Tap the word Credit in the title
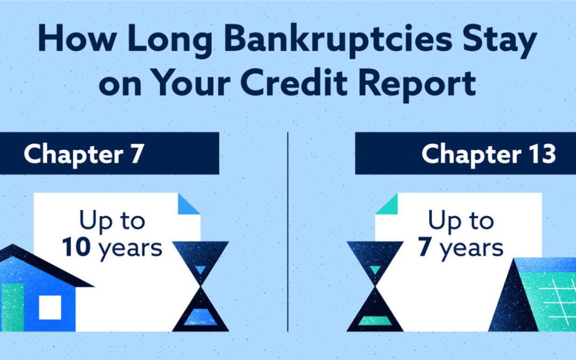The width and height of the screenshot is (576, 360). coord(294,83)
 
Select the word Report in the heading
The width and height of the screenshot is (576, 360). coord(417,85)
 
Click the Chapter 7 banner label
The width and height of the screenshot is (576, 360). coord(84,154)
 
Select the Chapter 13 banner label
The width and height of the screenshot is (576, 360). coord(489,154)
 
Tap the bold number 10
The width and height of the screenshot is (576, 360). coord(76,247)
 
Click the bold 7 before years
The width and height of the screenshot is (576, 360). coord(424,247)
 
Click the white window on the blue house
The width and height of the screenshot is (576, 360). coord(50,308)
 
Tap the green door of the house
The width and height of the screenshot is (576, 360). coord(12,308)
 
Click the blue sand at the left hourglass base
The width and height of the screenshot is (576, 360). coord(201,317)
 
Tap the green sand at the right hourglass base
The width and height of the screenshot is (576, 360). coord(375,321)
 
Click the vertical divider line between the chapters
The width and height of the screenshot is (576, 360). coord(287,232)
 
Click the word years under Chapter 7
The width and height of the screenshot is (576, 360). coord(130,250)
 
